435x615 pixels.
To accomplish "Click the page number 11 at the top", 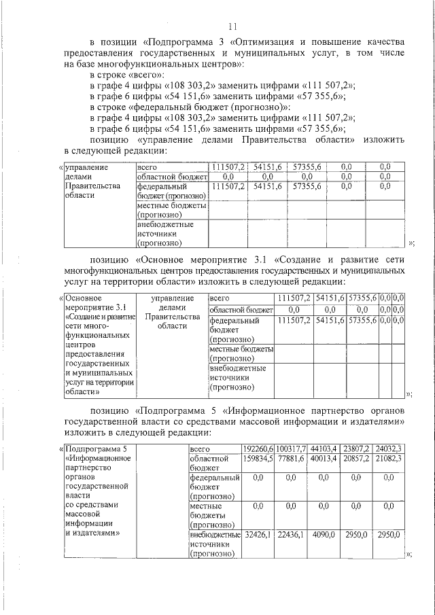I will coord(232,27).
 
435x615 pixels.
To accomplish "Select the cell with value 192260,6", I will coord(258,449).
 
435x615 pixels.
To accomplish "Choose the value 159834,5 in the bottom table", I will coord(258,459).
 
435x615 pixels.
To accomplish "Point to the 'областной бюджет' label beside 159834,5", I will coord(213,463).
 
